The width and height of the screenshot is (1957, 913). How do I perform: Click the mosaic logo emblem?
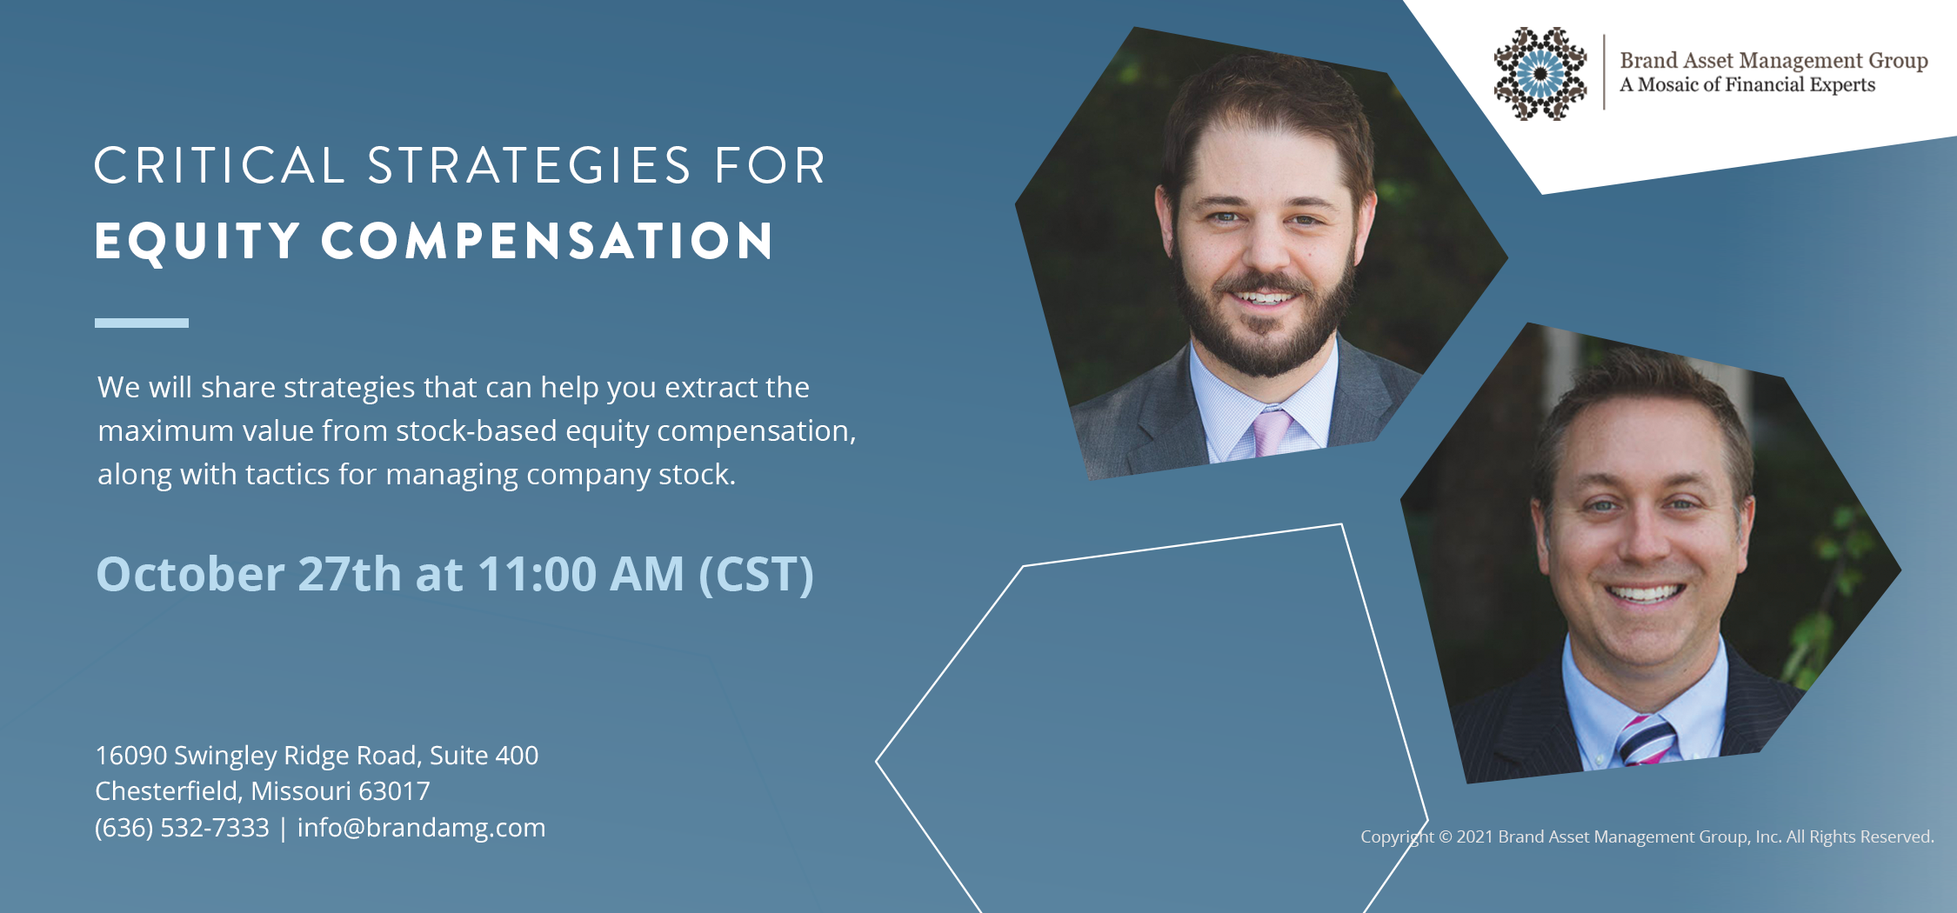pos(1540,73)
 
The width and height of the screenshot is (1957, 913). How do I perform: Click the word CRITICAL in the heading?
pos(220,165)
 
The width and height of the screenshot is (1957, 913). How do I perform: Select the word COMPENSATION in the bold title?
pos(547,241)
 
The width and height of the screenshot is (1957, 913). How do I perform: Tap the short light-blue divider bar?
pos(142,323)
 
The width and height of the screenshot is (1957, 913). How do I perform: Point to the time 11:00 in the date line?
pos(538,574)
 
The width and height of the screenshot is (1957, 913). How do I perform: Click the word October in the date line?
pos(190,574)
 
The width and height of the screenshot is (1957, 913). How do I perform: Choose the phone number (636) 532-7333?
pos(182,828)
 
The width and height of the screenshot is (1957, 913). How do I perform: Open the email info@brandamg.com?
pos(421,828)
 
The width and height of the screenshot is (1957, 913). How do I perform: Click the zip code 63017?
pos(394,791)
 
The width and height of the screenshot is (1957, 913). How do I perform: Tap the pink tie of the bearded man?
pos(1272,431)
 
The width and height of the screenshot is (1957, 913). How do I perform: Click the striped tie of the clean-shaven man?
pos(1644,741)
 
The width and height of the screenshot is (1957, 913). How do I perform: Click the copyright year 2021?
pos(1475,836)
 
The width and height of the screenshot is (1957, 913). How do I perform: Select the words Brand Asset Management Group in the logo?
pos(1773,61)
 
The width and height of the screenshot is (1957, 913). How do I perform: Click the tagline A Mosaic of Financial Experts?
pos(1747,85)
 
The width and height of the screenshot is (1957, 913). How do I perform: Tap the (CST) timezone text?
pos(757,575)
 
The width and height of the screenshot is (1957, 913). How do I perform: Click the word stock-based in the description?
pos(477,431)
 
